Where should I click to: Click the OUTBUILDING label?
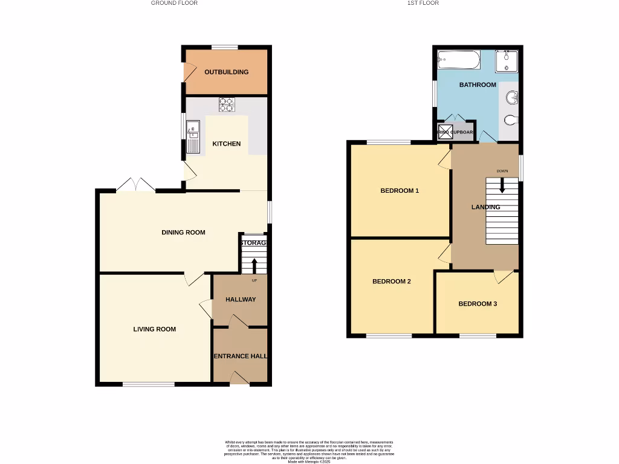coord(226,72)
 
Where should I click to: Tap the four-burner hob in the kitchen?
coord(227,105)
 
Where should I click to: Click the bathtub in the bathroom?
coord(459,60)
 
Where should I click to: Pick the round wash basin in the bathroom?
coord(513,97)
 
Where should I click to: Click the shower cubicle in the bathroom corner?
coord(507,61)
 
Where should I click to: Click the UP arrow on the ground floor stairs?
coord(254,265)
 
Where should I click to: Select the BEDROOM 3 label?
coord(477,304)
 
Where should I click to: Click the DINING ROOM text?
coord(183,232)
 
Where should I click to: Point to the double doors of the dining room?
coord(136,185)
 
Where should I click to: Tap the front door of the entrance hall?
coord(240,378)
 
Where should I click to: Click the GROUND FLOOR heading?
coord(174,3)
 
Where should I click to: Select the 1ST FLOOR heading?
coord(423,3)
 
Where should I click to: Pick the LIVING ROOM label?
coord(155,329)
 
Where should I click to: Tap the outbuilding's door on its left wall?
coord(189,72)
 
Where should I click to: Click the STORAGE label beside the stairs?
coord(253,243)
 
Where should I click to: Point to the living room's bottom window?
coord(149,384)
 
